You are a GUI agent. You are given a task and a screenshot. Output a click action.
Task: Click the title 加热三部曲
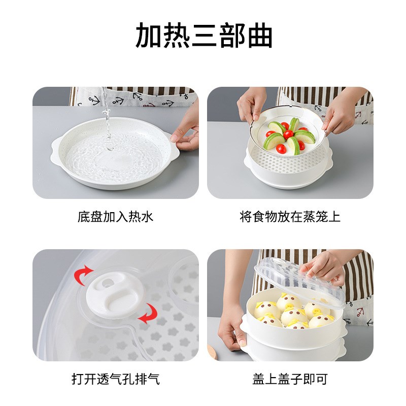click(x=204, y=36)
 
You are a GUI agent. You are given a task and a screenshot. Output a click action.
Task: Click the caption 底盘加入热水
click(x=115, y=217)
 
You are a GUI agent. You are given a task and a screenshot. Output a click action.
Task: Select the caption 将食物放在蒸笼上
click(x=290, y=217)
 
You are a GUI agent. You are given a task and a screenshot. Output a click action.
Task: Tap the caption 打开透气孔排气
click(x=115, y=379)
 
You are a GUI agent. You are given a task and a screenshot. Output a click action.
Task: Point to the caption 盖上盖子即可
click(x=290, y=379)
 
